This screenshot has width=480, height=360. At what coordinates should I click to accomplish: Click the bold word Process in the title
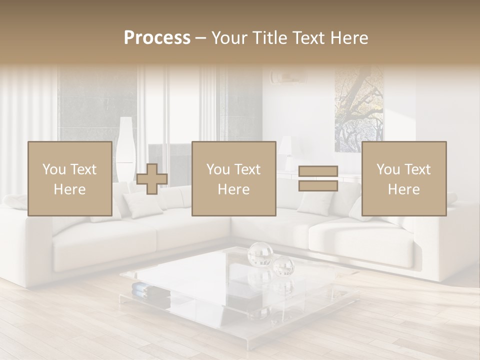point(157,38)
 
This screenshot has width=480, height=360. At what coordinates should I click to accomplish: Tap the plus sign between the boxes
point(152,179)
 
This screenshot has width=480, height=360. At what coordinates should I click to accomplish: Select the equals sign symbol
point(318,178)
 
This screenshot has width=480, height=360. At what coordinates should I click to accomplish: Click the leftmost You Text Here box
point(70,178)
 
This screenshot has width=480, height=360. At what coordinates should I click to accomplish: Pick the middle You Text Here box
point(233,178)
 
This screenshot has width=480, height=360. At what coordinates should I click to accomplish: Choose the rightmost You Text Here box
point(403,178)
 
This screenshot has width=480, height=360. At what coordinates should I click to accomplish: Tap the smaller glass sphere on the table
point(283,265)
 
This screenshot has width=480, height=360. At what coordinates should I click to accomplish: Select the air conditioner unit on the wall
point(287,76)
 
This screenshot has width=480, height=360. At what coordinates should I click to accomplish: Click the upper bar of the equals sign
point(318,171)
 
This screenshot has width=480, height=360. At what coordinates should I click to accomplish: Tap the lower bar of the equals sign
point(318,185)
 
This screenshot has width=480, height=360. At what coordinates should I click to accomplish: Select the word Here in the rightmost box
point(403,189)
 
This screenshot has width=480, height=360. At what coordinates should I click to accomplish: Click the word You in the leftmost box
point(53,169)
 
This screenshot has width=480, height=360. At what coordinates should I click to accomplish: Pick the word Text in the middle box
point(246,169)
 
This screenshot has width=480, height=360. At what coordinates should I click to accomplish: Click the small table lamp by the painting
point(285,150)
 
